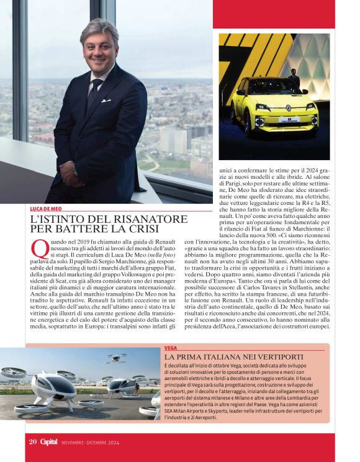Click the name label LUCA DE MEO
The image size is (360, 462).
(48, 209)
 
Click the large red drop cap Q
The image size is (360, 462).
(39, 249)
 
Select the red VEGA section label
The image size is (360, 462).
(171, 348)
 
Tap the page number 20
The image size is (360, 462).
(32, 442)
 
